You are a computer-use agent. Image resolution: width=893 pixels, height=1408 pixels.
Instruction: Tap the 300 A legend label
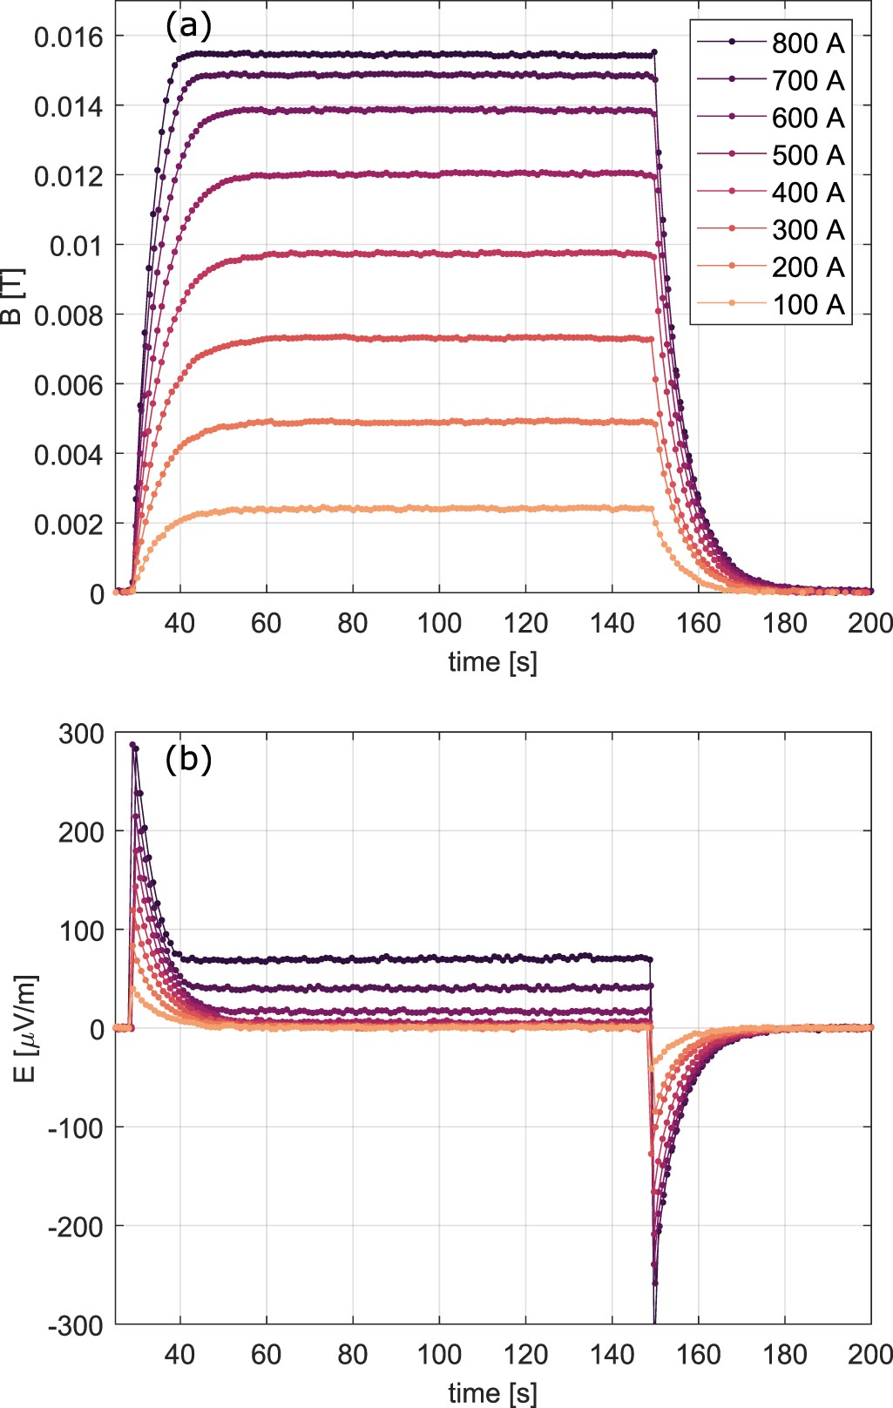[807, 230]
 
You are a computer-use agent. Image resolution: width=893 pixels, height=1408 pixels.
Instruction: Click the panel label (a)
[188, 26]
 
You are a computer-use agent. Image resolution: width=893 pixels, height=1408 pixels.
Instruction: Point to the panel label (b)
[188, 760]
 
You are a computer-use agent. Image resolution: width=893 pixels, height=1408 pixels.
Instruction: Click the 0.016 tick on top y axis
[68, 37]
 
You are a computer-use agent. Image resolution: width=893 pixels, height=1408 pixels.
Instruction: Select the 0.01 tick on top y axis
[76, 246]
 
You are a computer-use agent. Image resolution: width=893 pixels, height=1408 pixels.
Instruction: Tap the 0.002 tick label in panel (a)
[68, 525]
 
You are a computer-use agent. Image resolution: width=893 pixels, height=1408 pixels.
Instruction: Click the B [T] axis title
[12, 296]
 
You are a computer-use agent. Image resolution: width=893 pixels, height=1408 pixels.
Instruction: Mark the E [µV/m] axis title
[24, 1028]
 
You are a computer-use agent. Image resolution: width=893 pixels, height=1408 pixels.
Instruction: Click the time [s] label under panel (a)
[492, 662]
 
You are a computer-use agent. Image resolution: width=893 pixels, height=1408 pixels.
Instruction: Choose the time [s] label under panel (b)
[492, 1392]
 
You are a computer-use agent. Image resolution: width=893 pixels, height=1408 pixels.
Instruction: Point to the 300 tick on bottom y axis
[80, 734]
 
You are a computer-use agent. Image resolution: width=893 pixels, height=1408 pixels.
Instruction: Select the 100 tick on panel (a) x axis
[439, 623]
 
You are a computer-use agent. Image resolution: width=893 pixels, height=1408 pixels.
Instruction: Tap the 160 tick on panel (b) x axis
[699, 1355]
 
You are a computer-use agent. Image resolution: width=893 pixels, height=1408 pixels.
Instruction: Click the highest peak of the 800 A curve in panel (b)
[132, 745]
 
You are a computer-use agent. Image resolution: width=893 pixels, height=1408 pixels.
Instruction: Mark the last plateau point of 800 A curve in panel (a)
[653, 53]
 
